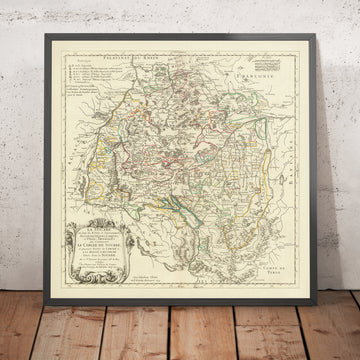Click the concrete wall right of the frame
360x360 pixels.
click(340, 150)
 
